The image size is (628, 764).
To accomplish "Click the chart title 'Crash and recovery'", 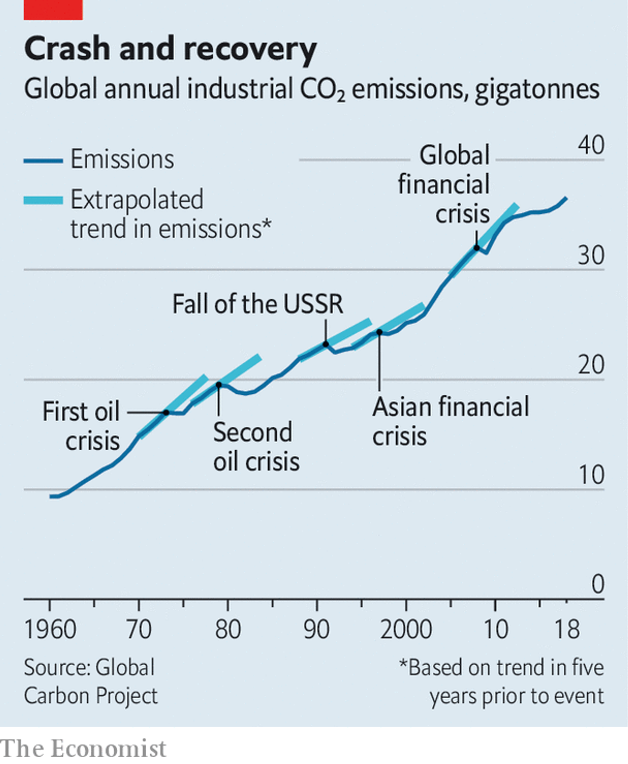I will point(170,49).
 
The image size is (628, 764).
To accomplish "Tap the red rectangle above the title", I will point(53,9).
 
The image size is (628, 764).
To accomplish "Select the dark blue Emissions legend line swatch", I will point(43,161).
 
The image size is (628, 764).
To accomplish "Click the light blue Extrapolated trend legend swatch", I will point(43,200).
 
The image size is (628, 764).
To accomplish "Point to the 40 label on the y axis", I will point(591,145).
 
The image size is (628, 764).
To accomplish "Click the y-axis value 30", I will point(591,255).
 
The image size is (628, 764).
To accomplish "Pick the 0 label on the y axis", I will point(598,584).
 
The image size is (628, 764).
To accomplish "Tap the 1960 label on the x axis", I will point(50,629).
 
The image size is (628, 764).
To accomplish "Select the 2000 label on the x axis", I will point(406,629).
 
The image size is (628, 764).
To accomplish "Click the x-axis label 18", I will point(567,629).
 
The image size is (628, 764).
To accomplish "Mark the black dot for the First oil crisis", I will point(166,412).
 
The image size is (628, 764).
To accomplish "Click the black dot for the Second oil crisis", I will point(219,385).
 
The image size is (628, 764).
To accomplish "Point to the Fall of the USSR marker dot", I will point(326,344).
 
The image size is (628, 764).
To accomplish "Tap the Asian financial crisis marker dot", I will point(379,332).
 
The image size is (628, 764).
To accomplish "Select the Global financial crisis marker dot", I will point(476,248).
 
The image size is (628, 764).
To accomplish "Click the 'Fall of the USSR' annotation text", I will point(258,304).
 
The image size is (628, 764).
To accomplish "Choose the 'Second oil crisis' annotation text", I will point(256,447).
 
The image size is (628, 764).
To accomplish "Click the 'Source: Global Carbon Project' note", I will point(91,682).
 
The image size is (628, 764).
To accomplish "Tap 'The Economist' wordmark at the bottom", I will point(83,749).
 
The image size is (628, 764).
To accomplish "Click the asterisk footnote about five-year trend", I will point(501,682).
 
